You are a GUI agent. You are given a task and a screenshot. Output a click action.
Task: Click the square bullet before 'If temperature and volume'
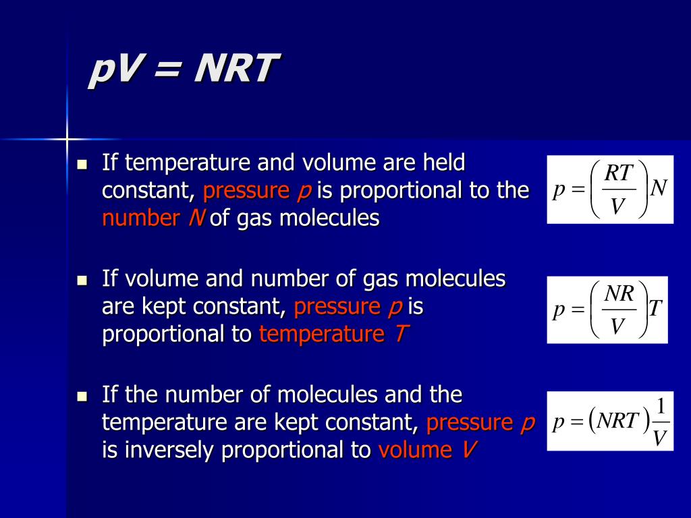coord(83,164)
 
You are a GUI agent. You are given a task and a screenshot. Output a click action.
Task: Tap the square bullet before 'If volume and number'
coord(83,280)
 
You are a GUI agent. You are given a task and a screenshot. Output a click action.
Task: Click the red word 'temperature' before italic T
coord(321,335)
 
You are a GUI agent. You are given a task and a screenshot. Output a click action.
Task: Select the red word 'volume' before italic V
coord(415,450)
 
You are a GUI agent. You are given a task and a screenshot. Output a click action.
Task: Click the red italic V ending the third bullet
coord(466,450)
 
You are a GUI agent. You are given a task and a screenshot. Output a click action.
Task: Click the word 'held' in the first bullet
coord(443,163)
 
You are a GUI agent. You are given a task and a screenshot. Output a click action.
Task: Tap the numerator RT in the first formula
coord(618,173)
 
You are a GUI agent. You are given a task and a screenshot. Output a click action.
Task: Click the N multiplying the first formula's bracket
coord(659,188)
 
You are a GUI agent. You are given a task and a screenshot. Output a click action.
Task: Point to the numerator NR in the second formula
coord(617,293)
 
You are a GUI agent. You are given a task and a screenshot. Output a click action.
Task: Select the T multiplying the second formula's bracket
coord(656,310)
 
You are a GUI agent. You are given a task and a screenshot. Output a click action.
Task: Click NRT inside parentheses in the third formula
coord(617,422)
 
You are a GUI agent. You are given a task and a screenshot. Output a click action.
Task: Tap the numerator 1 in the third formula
coord(661,407)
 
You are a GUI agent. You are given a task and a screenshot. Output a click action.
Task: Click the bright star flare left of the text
coord(67,140)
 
